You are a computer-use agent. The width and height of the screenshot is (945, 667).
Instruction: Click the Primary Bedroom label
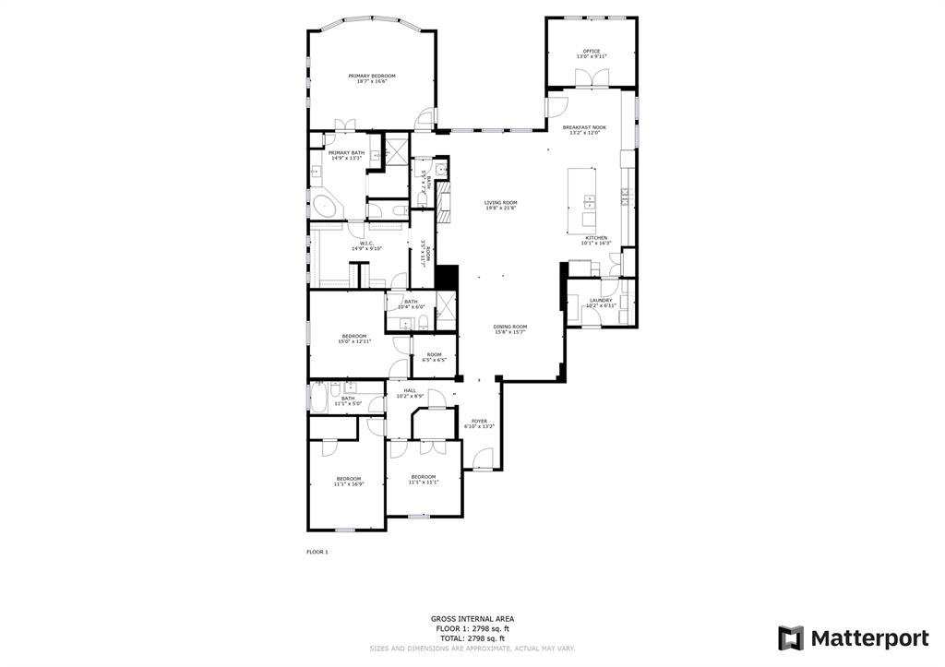click(x=371, y=78)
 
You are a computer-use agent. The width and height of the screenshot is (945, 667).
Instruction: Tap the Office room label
click(x=591, y=54)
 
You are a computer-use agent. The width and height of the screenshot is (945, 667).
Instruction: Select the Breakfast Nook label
click(x=584, y=129)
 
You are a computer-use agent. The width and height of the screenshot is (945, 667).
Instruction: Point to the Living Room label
click(x=501, y=205)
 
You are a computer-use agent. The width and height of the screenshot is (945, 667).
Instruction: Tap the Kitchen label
click(x=596, y=240)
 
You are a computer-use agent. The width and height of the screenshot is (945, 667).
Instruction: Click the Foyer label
click(x=479, y=423)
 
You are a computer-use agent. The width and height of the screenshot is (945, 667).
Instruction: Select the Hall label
click(x=410, y=392)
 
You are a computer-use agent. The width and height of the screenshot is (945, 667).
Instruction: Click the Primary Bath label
click(x=346, y=155)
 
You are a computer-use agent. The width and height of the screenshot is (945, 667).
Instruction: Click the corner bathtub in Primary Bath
click(x=324, y=206)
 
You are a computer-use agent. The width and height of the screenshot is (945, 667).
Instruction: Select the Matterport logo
click(x=853, y=637)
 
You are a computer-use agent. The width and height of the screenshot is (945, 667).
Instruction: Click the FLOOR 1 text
click(x=317, y=552)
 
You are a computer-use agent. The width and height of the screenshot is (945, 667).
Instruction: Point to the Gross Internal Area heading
click(x=472, y=619)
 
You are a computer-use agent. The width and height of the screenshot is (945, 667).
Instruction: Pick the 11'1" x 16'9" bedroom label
click(x=348, y=481)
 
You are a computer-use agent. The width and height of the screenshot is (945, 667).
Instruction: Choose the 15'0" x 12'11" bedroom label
click(x=354, y=339)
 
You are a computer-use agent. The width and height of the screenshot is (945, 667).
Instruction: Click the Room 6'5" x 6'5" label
click(x=433, y=357)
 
